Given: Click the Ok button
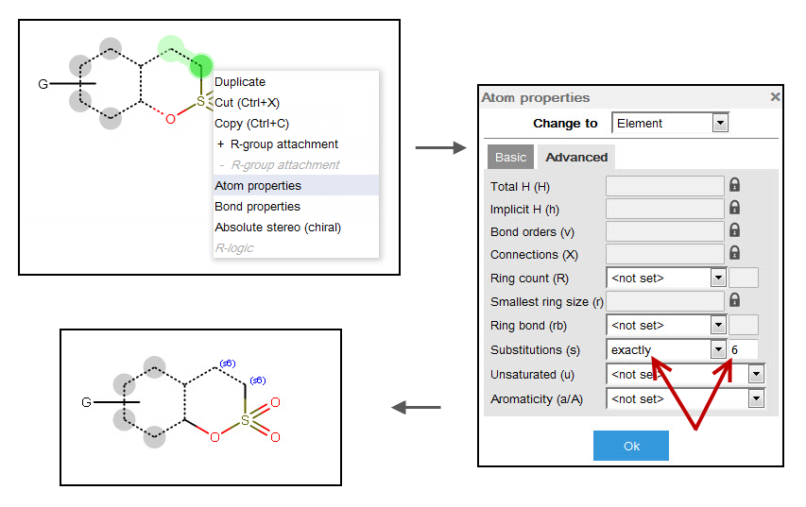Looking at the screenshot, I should coord(631,446).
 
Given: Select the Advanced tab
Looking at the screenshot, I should coord(576,157).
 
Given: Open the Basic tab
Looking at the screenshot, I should coord(511,157).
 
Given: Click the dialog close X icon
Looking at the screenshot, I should coord(775,96).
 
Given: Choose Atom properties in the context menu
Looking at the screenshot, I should coord(258,186).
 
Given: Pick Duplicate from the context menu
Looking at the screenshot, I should coord(240,82).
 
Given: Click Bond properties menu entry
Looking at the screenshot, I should coord(257,207).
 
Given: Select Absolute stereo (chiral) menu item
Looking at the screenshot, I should coord(278,228).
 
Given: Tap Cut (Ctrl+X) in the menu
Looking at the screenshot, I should coord(247,103).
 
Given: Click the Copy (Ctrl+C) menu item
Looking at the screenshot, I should coord(251,124).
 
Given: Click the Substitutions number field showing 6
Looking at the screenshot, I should coord(743,349).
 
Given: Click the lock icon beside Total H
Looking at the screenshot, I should coord(734,185).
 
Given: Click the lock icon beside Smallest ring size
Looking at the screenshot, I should coord(734,300).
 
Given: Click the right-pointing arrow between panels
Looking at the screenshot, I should coord(440,147).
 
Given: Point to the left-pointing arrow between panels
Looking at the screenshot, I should coord(416,407).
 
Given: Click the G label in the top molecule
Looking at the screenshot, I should coord(43,84).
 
